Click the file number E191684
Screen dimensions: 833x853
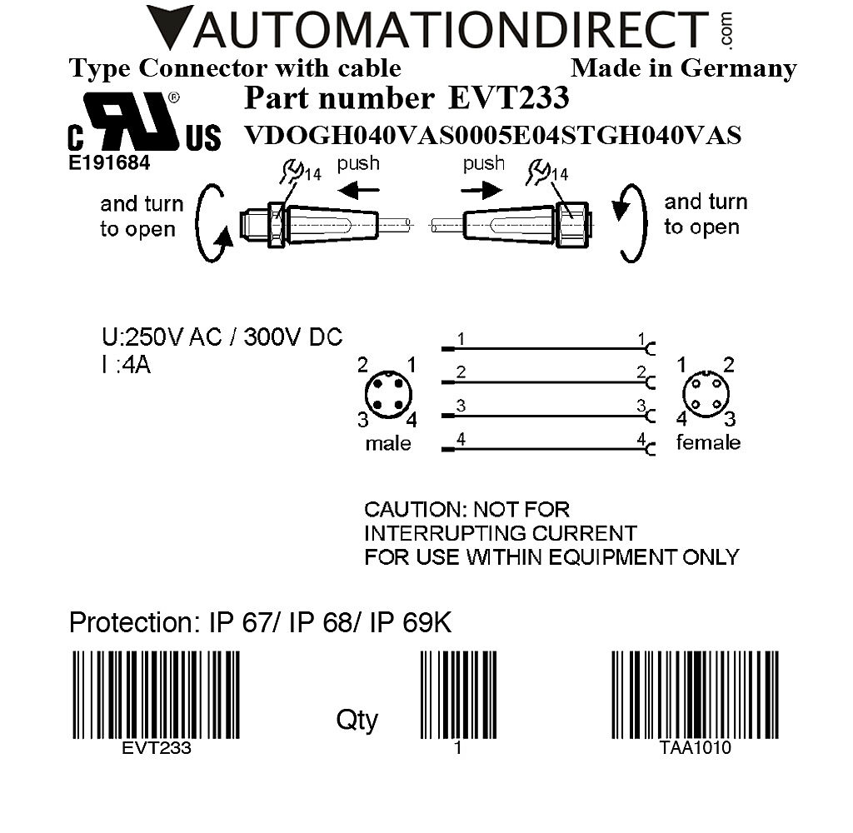tap(109, 163)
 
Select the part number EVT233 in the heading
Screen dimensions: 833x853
tap(508, 98)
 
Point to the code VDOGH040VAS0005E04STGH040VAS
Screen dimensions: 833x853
tap(492, 135)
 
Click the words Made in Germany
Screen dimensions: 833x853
tap(683, 68)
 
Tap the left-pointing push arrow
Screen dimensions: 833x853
tap(362, 191)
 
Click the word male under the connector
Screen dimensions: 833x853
tap(388, 443)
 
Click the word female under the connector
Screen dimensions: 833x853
tap(707, 442)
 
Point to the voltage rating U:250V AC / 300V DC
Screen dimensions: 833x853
tap(222, 337)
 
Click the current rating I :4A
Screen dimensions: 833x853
tap(126, 365)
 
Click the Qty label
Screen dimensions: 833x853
tap(357, 719)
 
